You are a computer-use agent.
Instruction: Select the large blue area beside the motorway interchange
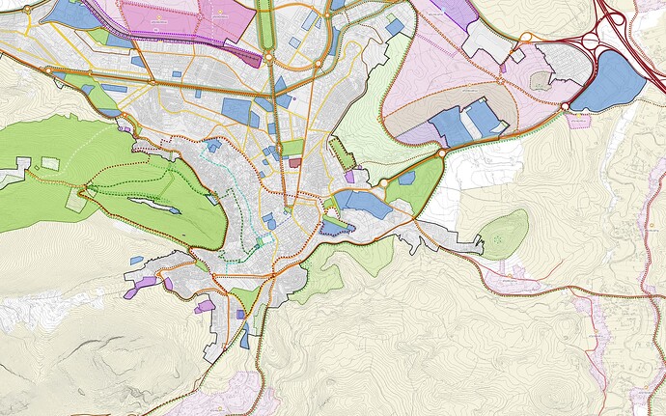coord(610,81)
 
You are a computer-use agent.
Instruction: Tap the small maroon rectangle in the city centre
coord(293,163)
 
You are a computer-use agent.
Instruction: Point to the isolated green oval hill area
coord(505,235)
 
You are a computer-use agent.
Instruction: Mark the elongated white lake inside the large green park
coord(152,205)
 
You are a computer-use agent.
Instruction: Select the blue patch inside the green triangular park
coord(406,178)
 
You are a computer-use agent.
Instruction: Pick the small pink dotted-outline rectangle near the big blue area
coord(579,121)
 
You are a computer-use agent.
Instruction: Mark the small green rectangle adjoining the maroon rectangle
coord(292,148)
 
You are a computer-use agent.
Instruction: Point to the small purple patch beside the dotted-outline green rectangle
coord(349,176)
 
